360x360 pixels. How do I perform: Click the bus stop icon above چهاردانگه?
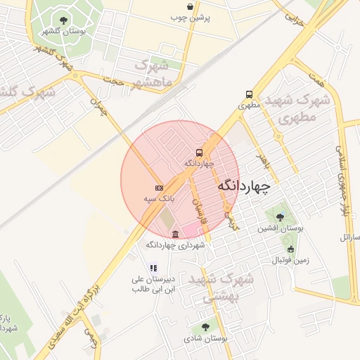[200, 153]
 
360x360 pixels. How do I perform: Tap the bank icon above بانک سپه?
[159, 188]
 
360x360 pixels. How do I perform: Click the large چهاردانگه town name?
[244, 186]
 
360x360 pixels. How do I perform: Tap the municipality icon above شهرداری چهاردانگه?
[175, 234]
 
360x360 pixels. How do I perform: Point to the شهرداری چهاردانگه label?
[175, 245]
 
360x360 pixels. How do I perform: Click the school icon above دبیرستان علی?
[153, 268]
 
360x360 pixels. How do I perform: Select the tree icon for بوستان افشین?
[281, 217]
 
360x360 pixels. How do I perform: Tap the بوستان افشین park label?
[280, 228]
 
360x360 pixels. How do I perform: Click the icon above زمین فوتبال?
[290, 249]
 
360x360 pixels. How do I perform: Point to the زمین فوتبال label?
[290, 260]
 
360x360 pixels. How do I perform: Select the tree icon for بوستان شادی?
[205, 327]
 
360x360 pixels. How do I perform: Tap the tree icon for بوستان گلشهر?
[64, 20]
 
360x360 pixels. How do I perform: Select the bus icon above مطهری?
[249, 94]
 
